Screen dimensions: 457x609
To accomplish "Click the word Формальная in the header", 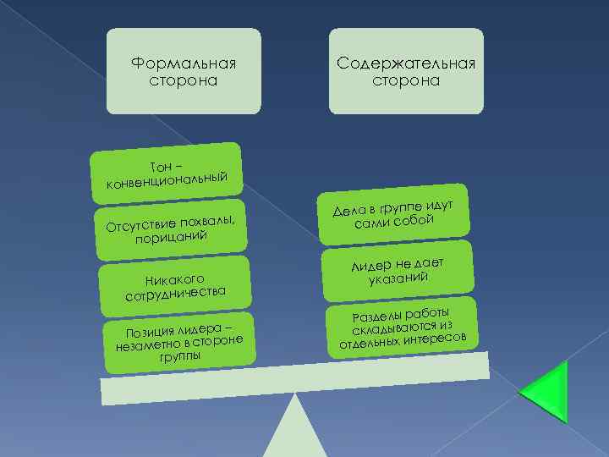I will pos(184,63).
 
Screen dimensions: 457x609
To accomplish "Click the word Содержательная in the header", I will pos(406,63).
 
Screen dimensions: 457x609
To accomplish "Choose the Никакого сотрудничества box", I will pos(174,284).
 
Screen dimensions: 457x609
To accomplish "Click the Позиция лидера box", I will pos(178,344).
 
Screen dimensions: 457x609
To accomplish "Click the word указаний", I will pos(398,278).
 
